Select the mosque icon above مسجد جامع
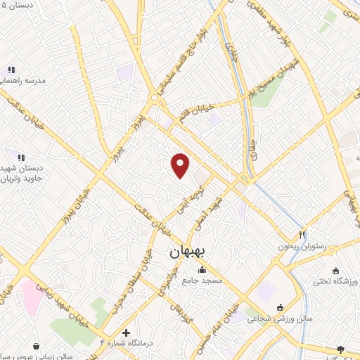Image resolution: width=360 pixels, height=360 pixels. coord(202,269)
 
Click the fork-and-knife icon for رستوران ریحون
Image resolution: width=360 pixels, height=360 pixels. coord(302,236)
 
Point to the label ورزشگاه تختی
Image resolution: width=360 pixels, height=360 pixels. coord(335,281)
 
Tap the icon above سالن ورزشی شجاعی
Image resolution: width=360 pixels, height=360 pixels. coord(281,307)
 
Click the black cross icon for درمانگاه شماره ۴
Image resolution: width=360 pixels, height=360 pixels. coord(126,332)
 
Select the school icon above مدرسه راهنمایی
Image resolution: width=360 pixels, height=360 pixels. coord(11,70)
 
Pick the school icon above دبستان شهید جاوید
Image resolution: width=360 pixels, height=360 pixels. coord(21,157)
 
